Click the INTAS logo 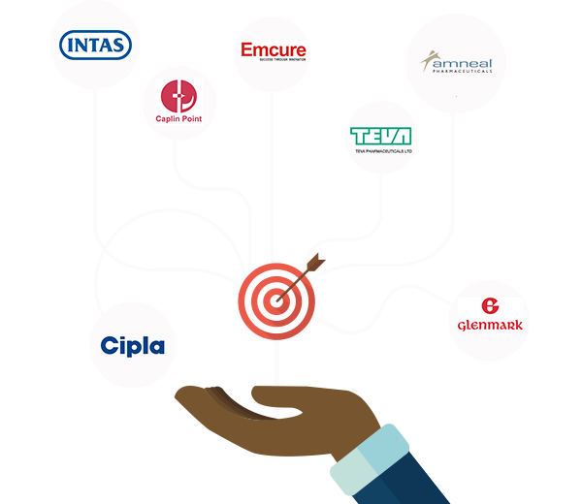[x=96, y=46]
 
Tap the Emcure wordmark [x=273, y=49]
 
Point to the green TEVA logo [x=382, y=136]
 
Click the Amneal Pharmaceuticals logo [x=455, y=60]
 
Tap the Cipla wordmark [x=133, y=345]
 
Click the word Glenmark [x=489, y=324]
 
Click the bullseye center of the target [x=276, y=301]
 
